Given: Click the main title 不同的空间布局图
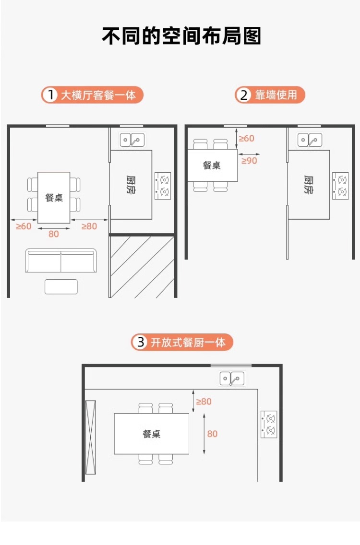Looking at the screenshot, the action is tap(181, 36).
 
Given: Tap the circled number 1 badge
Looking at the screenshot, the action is tap(50, 95).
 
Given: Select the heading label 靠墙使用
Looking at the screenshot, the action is tap(276, 95).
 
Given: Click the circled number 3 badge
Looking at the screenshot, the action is tap(141, 342).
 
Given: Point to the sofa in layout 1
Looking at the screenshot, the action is tap(61, 261).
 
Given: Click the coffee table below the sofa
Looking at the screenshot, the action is tap(61, 286).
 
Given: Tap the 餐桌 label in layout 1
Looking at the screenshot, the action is tap(54, 197).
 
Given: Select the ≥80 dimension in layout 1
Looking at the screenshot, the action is tap(89, 226).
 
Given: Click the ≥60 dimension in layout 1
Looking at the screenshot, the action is tap(23, 226).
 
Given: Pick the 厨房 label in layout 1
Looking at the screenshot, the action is tap(131, 185).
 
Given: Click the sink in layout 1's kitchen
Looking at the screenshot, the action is tap(132, 140).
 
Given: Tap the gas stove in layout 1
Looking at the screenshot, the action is tap(163, 186).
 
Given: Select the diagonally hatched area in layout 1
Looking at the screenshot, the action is tap(142, 266).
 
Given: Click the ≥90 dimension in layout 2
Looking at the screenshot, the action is tap(249, 161).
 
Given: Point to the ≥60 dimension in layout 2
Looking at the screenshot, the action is tap(247, 138).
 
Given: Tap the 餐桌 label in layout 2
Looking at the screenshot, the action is tap(212, 166).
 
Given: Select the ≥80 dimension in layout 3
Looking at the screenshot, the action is tap(204, 401).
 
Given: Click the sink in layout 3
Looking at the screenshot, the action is tap(232, 379).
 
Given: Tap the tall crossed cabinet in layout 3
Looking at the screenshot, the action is tap(91, 437).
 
